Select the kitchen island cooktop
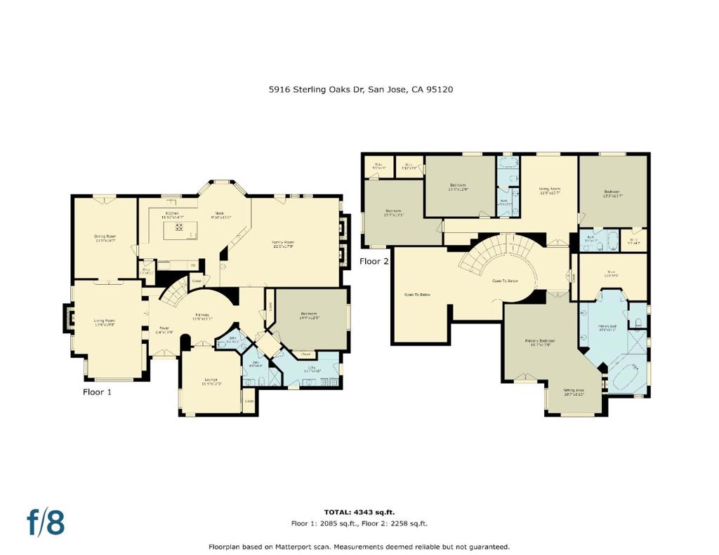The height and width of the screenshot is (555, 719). tap(179, 227)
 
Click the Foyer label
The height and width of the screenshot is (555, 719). tap(164, 329)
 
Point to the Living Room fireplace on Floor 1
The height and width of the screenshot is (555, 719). tap(69, 317)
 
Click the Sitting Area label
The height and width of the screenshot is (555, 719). tap(574, 392)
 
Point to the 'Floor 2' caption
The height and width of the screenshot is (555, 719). tap(374, 261)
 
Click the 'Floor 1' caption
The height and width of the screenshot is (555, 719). tap(97, 392)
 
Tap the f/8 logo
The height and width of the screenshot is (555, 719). tap(46, 522)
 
